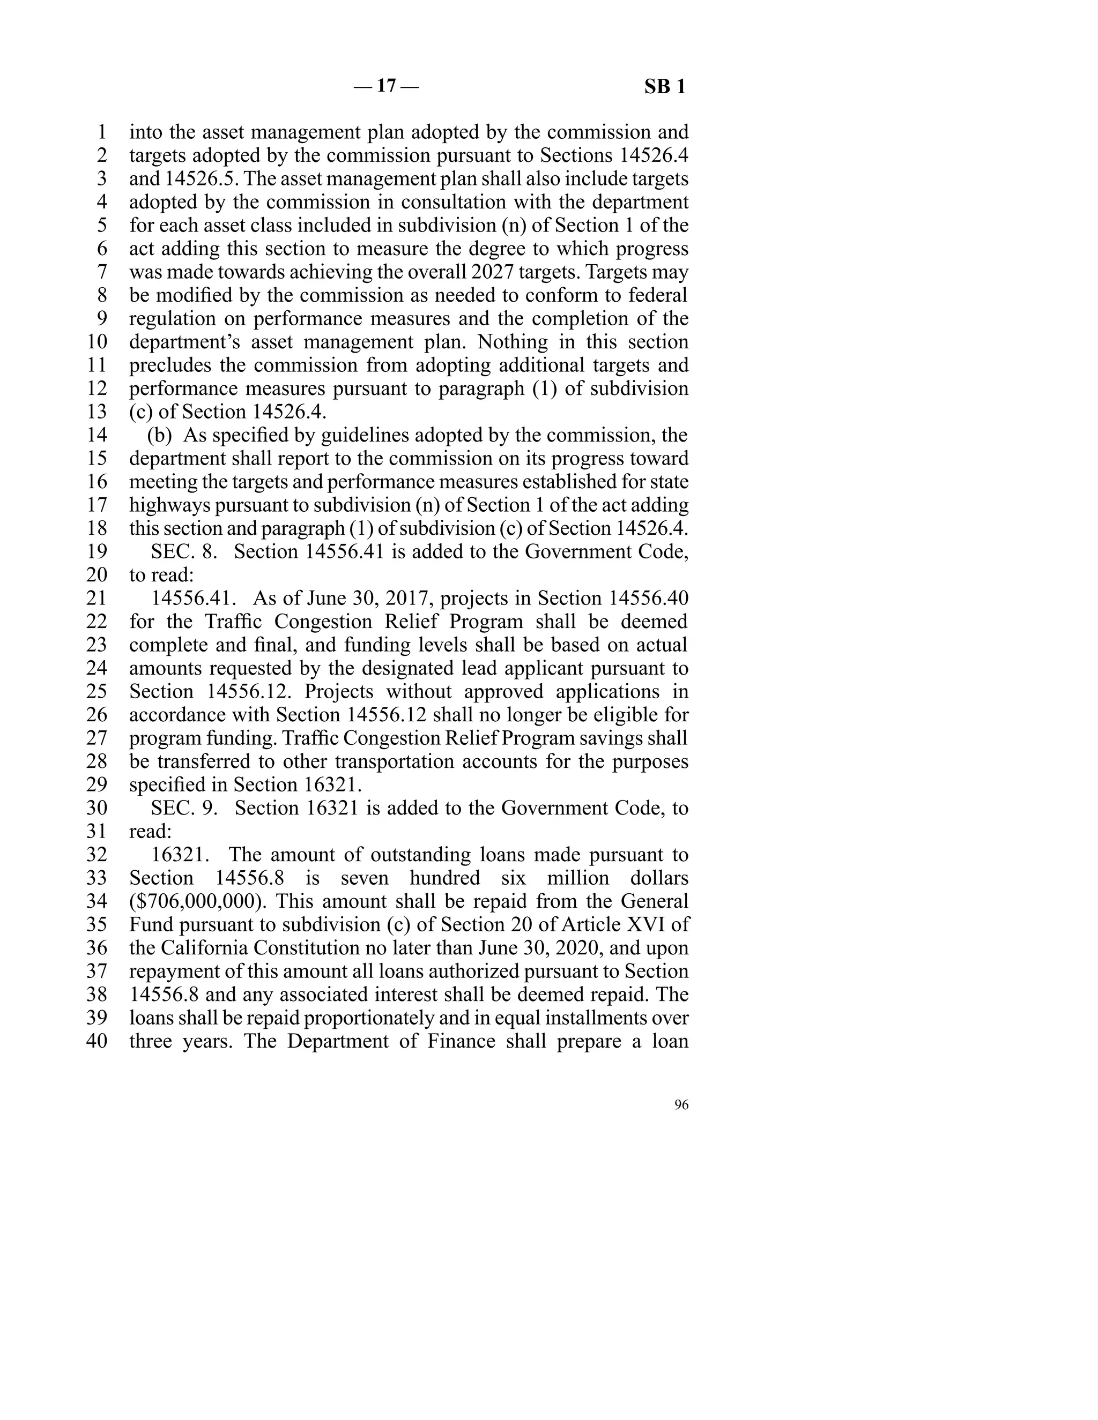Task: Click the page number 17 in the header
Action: (387, 86)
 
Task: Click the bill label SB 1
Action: (665, 86)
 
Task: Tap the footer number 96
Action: (681, 1105)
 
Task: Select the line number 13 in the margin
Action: (97, 412)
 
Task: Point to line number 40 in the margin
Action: (97, 1041)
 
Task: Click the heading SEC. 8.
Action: (184, 551)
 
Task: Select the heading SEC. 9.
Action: (184, 808)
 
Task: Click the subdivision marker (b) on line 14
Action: (159, 435)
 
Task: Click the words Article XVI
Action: (625, 924)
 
